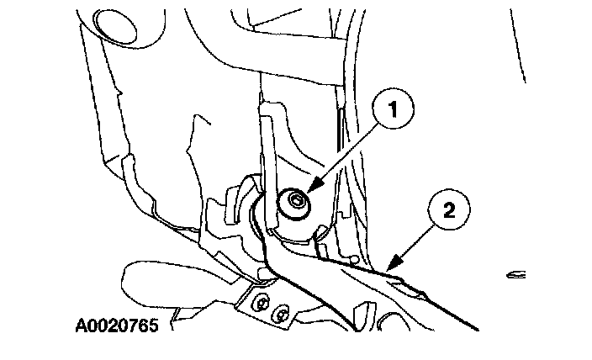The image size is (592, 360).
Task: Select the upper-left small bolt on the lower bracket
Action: [263, 304]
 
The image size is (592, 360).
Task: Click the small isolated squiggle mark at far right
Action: [516, 273]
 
